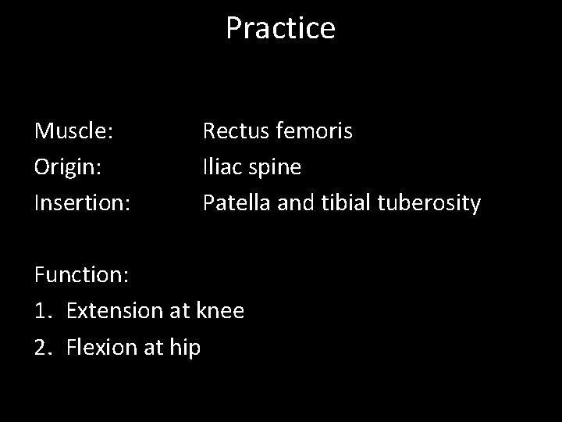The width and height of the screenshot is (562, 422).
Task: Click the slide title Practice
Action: [280, 28]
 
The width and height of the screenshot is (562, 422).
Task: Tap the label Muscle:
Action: [74, 131]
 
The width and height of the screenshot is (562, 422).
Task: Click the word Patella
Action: [237, 203]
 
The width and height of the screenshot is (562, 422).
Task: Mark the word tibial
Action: [344, 203]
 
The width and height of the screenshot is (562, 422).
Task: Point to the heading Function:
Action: [81, 275]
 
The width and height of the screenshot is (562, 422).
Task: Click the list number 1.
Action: [42, 311]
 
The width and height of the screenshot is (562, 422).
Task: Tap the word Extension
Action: [114, 311]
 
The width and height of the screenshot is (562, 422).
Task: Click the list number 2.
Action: [42, 347]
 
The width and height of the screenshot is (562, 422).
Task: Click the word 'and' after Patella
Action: [295, 203]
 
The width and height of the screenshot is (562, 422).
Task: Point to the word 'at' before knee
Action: [179, 311]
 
